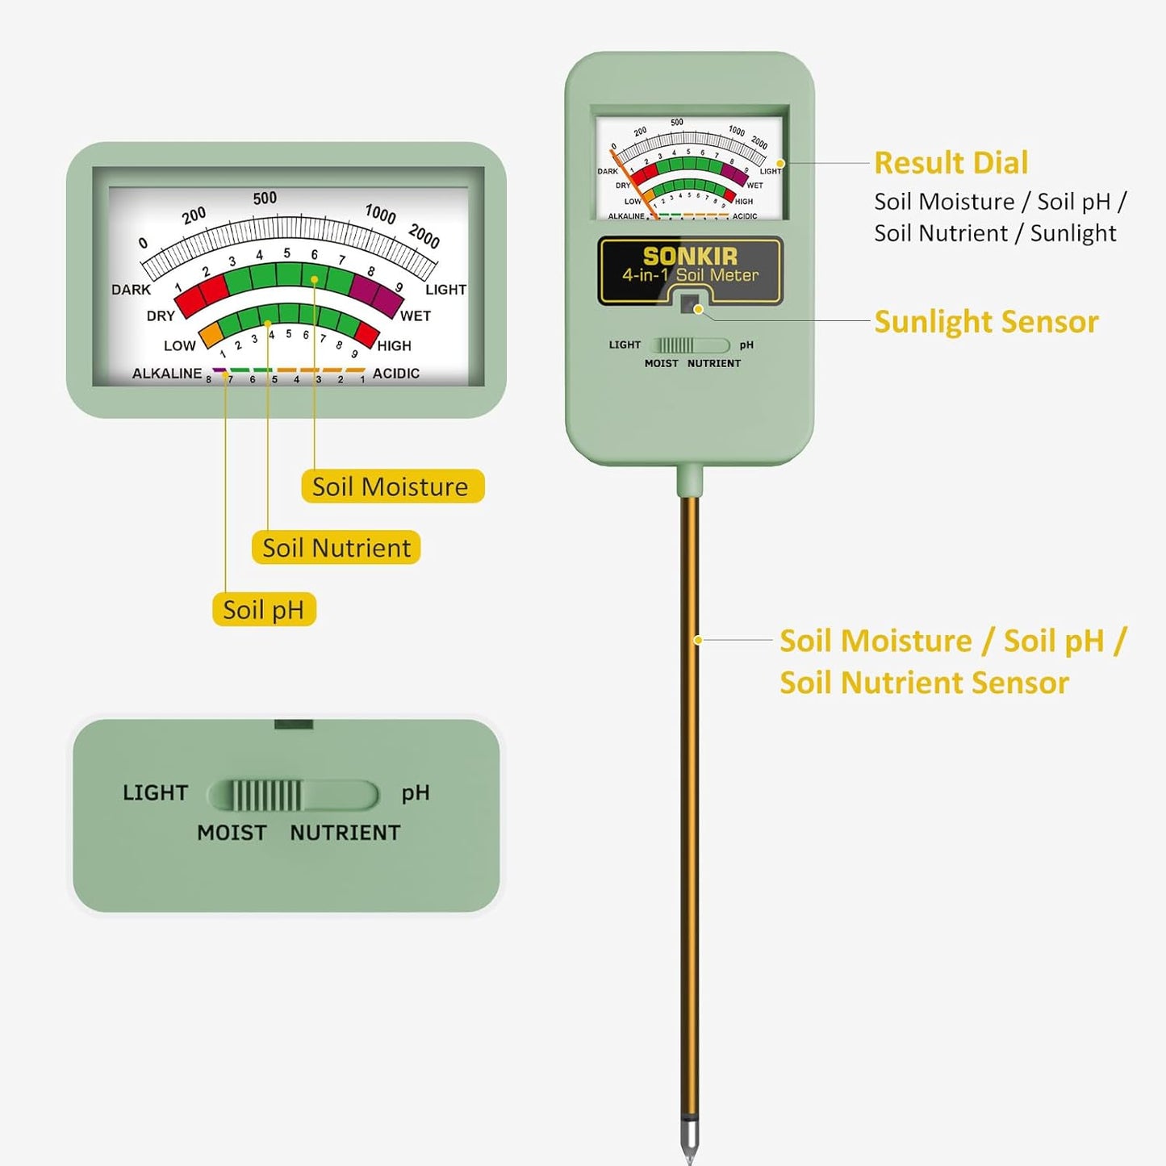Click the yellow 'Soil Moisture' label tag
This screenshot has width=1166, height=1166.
[392, 487]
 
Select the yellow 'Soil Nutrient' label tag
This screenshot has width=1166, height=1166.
[336, 548]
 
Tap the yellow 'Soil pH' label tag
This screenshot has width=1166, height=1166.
[264, 610]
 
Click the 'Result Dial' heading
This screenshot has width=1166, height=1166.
[951, 163]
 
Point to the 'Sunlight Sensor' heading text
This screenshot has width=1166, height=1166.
[985, 322]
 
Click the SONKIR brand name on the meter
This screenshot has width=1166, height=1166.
[690, 257]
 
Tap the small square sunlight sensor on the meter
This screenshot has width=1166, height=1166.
[688, 304]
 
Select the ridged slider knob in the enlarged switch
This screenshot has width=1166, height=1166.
[266, 796]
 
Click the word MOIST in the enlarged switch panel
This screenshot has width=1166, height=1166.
[232, 833]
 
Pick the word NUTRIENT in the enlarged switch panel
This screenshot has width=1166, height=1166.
[345, 833]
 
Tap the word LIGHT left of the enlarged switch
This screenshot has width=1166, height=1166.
[155, 793]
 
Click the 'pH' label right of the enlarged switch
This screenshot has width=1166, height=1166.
[416, 793]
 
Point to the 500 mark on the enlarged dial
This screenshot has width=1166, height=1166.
[265, 199]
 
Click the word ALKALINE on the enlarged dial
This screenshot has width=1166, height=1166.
[167, 374]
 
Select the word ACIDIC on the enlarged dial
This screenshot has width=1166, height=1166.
[395, 374]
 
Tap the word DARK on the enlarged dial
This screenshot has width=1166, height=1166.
[131, 290]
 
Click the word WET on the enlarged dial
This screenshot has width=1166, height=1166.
[415, 316]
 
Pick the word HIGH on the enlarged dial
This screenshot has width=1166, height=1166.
[394, 346]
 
